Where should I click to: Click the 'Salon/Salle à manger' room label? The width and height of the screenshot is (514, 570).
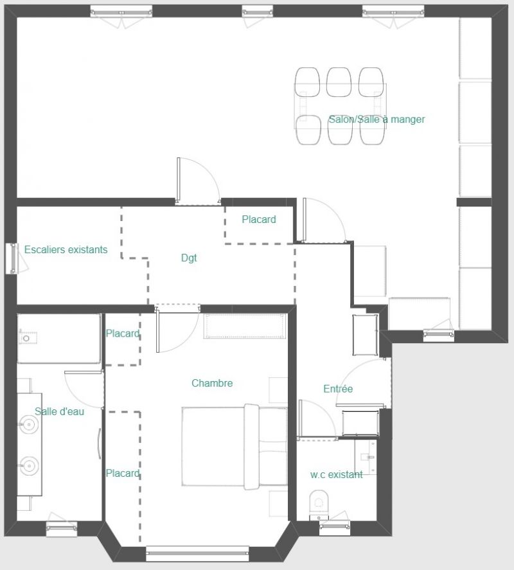(x=377, y=120)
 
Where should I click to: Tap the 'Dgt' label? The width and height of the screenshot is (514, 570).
(x=189, y=258)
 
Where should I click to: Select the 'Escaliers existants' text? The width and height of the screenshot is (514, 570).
(x=66, y=249)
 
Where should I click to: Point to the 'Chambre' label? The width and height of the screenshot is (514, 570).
(x=212, y=383)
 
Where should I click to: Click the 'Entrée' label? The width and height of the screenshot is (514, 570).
(x=338, y=389)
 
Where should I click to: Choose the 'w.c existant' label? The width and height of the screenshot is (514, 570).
(x=336, y=474)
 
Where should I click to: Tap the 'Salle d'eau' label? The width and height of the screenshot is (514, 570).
(x=59, y=411)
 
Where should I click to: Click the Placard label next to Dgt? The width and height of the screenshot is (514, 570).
(x=259, y=219)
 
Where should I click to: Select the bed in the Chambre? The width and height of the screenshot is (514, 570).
(x=235, y=447)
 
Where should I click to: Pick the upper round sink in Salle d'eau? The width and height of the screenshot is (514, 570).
(x=29, y=424)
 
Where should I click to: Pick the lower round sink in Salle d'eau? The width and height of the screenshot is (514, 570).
(x=29, y=466)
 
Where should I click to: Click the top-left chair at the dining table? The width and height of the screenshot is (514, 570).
(x=307, y=82)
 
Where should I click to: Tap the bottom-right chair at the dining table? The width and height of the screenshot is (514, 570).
(x=373, y=130)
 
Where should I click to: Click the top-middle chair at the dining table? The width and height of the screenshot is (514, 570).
(x=339, y=82)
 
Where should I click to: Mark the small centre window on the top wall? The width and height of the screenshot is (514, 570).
(x=258, y=12)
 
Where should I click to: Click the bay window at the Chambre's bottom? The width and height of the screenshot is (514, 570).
(x=197, y=553)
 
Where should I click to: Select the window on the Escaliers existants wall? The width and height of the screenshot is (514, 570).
(x=13, y=258)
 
